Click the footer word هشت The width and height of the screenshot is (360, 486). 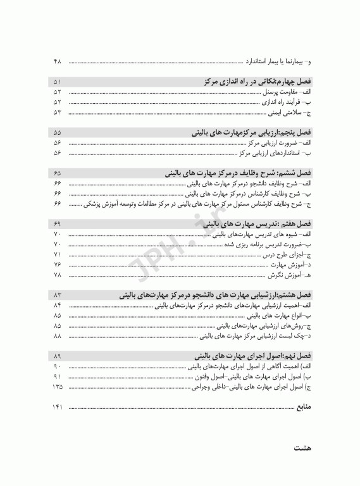pyautogui.click(x=302, y=447)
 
